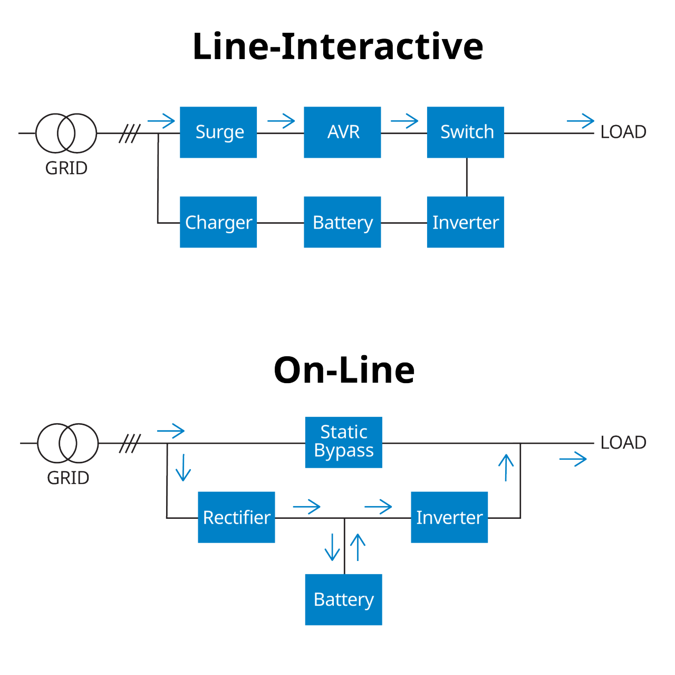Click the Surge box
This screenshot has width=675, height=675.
(x=218, y=132)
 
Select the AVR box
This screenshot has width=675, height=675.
(x=342, y=132)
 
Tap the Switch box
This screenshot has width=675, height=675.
(x=465, y=132)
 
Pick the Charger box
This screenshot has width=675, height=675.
(x=218, y=222)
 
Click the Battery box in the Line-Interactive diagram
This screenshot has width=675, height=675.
(x=342, y=222)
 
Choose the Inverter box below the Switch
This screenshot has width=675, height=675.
(x=465, y=222)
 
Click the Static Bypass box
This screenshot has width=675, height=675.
(x=343, y=442)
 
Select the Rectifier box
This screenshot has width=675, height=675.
(x=236, y=517)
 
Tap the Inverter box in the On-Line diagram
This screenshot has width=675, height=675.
(x=449, y=517)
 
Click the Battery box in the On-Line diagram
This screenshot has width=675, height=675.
(x=343, y=600)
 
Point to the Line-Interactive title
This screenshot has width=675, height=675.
(x=337, y=46)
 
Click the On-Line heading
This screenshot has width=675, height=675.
(x=344, y=370)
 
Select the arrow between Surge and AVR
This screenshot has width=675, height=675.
(x=281, y=121)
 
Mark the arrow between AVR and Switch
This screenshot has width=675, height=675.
(x=404, y=121)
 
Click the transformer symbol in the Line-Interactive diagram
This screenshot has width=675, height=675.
(x=66, y=134)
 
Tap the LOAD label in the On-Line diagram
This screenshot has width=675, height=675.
(x=623, y=443)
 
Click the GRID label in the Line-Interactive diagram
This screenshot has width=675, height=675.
(x=66, y=168)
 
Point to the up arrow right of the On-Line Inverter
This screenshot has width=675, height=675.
(x=506, y=468)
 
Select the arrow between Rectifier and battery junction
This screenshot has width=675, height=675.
(x=306, y=507)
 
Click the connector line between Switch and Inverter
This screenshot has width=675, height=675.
(x=467, y=177)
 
